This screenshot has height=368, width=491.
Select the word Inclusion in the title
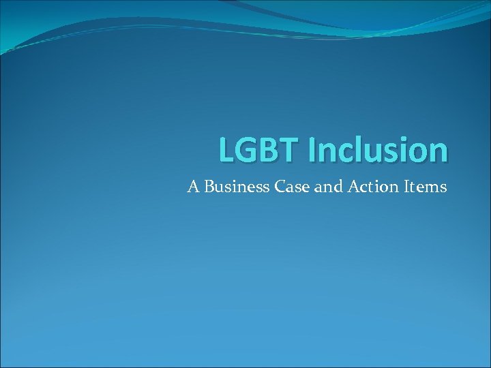(378, 151)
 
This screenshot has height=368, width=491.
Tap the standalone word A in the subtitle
(193, 186)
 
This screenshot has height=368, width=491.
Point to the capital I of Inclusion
(312, 151)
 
